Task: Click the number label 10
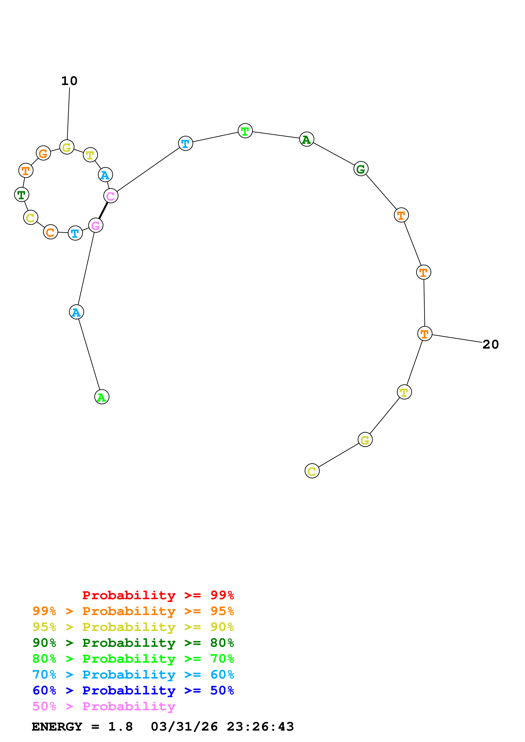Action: click(x=69, y=81)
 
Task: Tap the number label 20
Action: click(x=490, y=345)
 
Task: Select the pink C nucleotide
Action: click(x=111, y=196)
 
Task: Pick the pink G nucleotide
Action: click(x=96, y=225)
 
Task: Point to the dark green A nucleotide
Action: click(x=306, y=139)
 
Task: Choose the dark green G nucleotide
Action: click(x=361, y=169)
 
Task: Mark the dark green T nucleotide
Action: click(x=22, y=195)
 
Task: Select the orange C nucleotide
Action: click(x=50, y=232)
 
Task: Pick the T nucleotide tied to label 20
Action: click(x=424, y=334)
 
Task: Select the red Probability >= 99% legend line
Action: click(x=158, y=595)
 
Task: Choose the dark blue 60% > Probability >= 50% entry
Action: click(x=133, y=691)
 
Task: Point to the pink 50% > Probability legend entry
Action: click(x=104, y=706)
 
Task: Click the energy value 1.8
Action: click(x=120, y=727)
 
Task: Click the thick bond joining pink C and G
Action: click(x=103, y=210)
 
